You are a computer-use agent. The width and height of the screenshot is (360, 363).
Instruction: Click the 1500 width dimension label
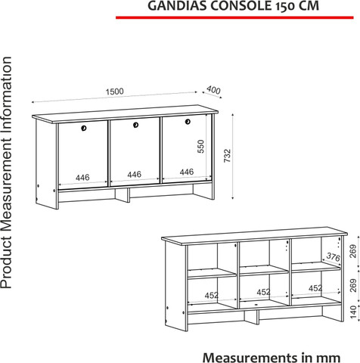click(x=115, y=92)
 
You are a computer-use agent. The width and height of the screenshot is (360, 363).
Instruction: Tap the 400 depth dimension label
click(x=213, y=90)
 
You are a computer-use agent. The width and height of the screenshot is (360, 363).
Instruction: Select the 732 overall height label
click(x=227, y=156)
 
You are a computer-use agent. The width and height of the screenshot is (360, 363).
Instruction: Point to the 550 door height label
click(x=200, y=147)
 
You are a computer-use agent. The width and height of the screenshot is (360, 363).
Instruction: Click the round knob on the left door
click(x=84, y=128)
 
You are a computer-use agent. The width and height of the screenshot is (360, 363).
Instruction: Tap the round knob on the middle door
click(x=135, y=125)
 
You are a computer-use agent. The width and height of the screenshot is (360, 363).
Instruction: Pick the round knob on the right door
click(x=188, y=122)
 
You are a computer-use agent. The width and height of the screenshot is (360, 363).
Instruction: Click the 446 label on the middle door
click(x=134, y=175)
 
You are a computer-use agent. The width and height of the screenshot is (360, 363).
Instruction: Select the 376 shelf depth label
click(x=334, y=257)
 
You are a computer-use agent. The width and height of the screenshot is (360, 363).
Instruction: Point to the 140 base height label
click(x=354, y=312)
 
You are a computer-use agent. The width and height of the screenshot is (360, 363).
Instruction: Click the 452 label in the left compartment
click(x=212, y=295)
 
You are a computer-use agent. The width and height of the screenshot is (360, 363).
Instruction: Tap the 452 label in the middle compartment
click(x=263, y=292)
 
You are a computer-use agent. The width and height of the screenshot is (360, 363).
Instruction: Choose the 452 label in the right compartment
click(x=315, y=288)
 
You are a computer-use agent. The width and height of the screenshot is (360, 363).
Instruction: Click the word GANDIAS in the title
click(x=178, y=6)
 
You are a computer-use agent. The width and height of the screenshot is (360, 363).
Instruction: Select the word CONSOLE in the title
click(x=241, y=6)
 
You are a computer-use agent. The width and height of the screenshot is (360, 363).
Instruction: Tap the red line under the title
click(x=234, y=17)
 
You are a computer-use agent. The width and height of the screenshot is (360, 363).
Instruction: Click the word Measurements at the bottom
click(x=250, y=357)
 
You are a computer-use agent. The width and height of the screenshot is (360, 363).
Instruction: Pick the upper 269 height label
click(x=354, y=251)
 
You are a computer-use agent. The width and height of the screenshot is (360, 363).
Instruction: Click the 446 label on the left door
click(x=82, y=178)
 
